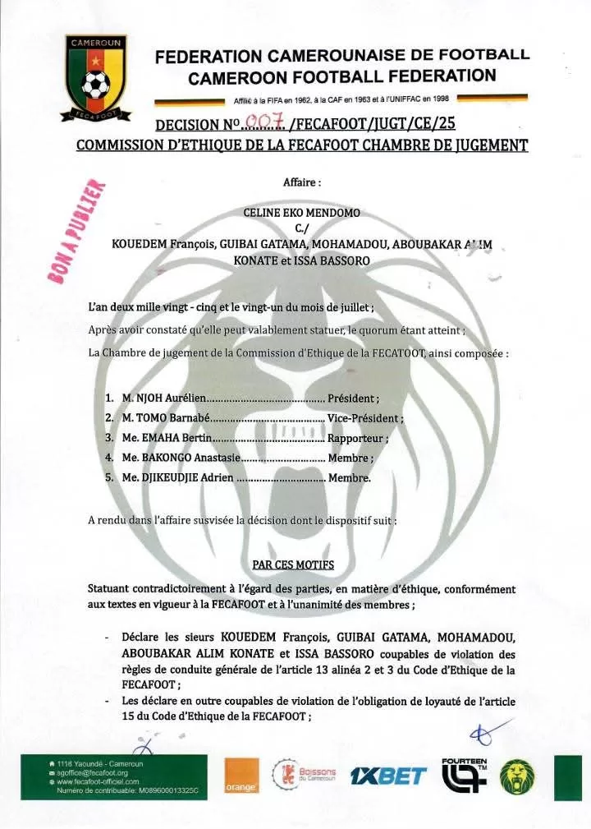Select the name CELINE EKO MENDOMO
302,212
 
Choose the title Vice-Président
364,417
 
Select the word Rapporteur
357,438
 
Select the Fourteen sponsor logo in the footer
465,774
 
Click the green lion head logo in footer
518,776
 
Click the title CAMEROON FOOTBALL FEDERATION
341,76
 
